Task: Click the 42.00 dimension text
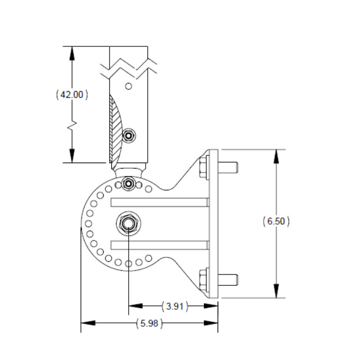72,94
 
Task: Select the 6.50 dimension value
276,221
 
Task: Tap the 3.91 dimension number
175,307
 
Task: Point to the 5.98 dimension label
149,323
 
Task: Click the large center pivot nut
129,223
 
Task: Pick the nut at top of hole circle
129,183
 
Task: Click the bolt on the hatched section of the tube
129,135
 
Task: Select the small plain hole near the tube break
129,86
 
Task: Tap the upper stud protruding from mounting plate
228,167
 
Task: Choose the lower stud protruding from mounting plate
228,280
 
